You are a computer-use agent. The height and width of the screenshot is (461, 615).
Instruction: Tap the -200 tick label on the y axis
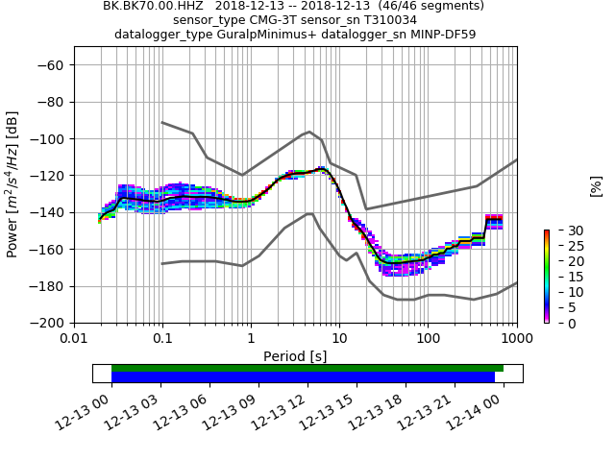[x=48, y=323]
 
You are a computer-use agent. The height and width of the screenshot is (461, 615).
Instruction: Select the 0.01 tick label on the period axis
[x=74, y=339]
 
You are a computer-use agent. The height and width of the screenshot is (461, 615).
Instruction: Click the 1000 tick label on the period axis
[x=516, y=339]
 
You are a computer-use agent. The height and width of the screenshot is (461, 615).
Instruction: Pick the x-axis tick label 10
[x=339, y=339]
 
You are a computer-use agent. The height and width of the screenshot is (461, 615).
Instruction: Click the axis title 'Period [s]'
[x=295, y=356]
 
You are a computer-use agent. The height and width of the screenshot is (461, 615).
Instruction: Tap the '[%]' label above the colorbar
[x=596, y=185]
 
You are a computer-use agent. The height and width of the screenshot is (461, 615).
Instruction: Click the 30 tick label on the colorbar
[x=563, y=230]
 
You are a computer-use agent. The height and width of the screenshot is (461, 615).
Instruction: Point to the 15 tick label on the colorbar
[x=563, y=277]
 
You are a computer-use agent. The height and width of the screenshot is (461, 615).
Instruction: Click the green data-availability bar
[x=307, y=368]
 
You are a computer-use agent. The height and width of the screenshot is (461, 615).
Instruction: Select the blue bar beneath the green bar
[x=303, y=377]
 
